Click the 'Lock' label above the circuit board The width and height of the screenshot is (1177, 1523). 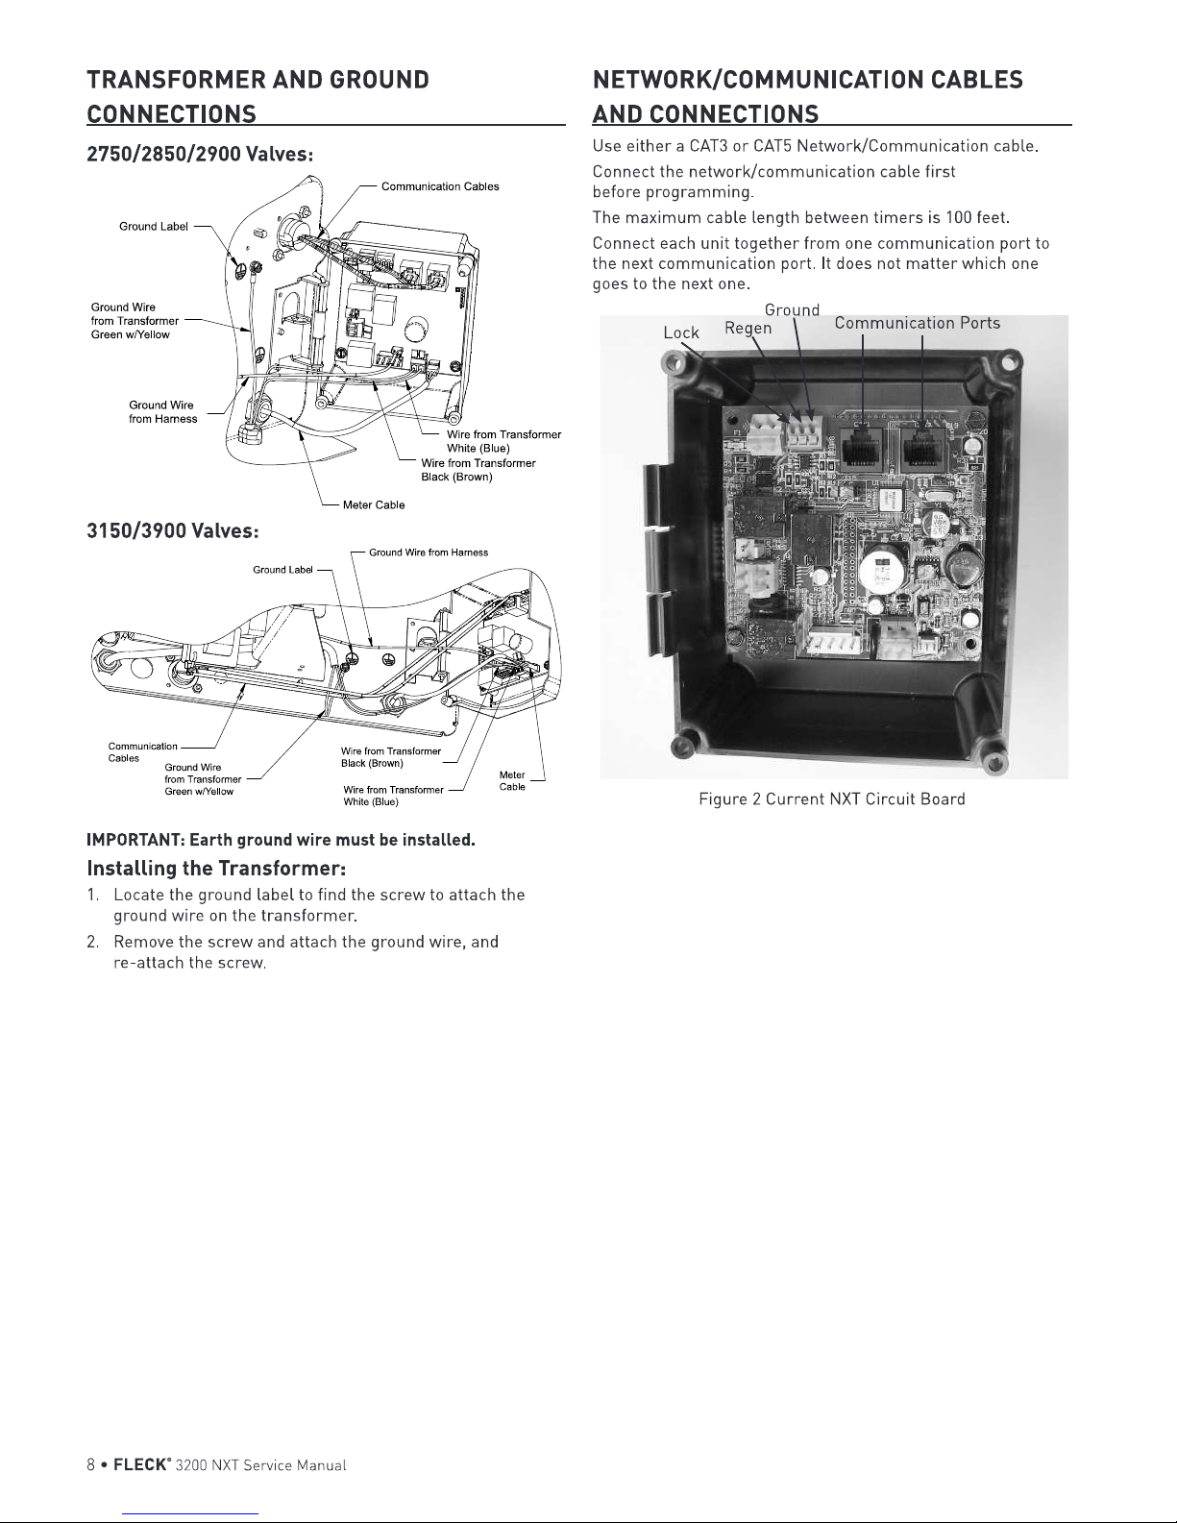[681, 332]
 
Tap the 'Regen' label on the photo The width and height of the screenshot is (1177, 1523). [748, 329]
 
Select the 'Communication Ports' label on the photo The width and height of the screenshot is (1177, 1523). [917, 323]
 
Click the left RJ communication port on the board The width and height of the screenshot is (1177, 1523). [864, 446]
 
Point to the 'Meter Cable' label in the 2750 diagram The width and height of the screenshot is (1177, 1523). [374, 505]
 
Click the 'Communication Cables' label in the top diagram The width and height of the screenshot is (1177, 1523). [440, 186]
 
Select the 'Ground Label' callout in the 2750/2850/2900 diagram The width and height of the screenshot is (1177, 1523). [154, 227]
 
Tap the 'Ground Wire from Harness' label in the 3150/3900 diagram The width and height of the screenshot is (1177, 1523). [429, 553]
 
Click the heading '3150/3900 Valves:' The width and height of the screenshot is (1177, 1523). [174, 530]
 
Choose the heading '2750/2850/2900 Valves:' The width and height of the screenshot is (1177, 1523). [201, 154]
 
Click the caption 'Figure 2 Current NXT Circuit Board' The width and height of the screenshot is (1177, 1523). [831, 799]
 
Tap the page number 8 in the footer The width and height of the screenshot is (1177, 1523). [91, 1465]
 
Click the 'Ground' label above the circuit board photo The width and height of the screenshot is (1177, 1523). [792, 309]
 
